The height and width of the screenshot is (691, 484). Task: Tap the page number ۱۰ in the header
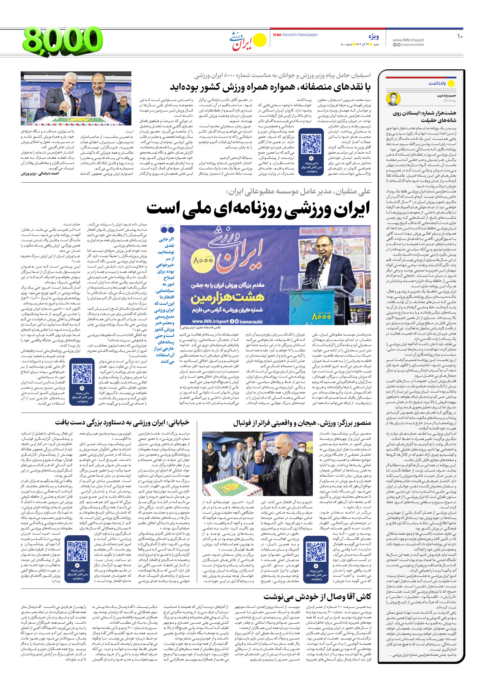(x=460, y=36)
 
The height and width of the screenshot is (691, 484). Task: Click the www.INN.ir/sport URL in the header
(x=408, y=40)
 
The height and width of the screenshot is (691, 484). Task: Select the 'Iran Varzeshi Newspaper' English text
(x=295, y=35)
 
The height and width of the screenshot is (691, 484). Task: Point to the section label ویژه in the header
(x=373, y=37)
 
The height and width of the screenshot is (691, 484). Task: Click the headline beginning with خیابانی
(x=122, y=422)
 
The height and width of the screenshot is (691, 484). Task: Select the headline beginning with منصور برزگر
(x=302, y=422)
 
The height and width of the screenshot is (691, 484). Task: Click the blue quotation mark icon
(x=167, y=229)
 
